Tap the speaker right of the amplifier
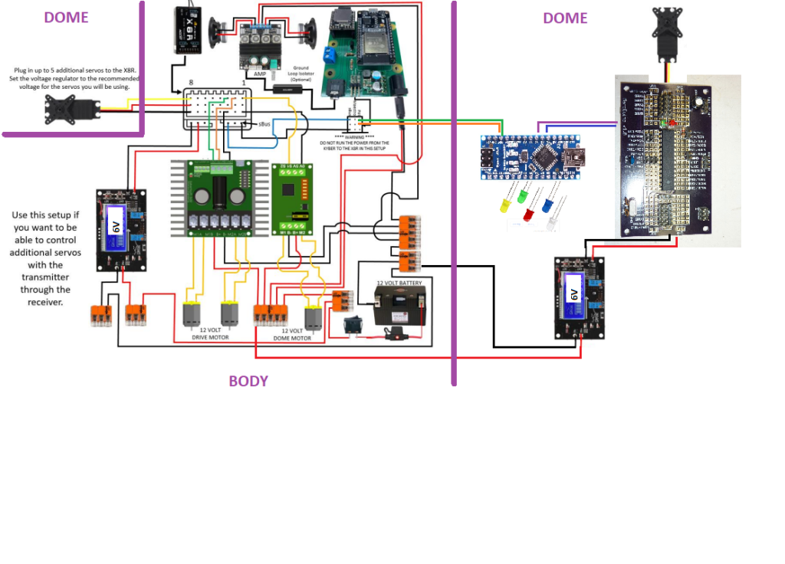pos(306,31)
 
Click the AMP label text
pos(260,73)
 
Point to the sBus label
pos(264,123)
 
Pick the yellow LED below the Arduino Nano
pos(505,205)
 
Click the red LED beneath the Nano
pos(529,215)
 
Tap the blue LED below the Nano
pos(547,205)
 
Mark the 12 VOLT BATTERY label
pos(399,283)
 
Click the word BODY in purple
pos(248,381)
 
